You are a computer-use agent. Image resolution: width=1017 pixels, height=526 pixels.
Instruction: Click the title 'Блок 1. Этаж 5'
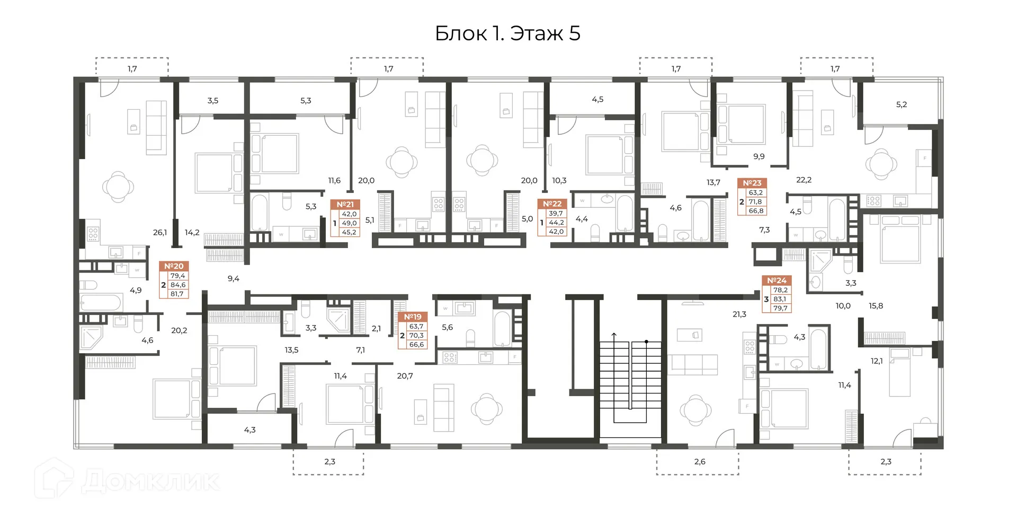507,33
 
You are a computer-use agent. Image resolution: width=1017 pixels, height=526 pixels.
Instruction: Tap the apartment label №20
174,266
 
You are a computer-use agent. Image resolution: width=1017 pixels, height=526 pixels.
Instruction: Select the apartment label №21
345,204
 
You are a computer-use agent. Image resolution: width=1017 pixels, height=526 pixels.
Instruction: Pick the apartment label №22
552,204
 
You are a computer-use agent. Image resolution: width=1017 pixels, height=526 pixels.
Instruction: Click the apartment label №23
752,183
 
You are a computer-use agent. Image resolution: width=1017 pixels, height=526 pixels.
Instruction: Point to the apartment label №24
777,280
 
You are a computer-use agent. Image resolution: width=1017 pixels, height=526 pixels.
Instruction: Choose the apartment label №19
413,317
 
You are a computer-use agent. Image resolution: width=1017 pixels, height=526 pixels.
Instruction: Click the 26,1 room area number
160,232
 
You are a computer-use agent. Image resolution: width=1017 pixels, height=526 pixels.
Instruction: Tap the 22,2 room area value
804,180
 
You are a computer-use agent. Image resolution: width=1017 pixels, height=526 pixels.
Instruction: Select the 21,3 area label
739,314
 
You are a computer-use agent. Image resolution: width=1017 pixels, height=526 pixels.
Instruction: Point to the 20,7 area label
405,376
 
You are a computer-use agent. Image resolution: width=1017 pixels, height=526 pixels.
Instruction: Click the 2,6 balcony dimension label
700,462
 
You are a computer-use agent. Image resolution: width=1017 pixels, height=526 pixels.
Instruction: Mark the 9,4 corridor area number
234,278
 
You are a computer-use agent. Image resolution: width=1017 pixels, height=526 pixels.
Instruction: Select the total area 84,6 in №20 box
178,285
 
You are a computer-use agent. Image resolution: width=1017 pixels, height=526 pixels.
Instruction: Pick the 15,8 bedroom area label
876,306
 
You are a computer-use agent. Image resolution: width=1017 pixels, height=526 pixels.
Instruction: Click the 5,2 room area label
902,104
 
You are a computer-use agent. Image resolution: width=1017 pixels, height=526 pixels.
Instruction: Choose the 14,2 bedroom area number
192,232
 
